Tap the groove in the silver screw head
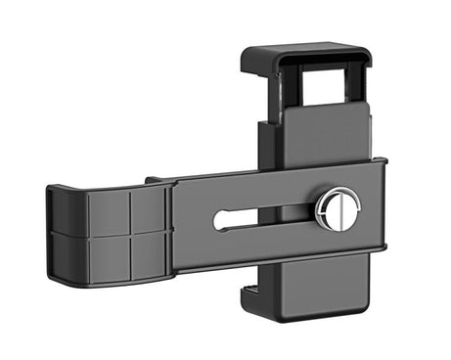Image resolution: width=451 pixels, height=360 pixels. point(336,208)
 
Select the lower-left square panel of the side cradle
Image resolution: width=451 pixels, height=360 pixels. point(108,255)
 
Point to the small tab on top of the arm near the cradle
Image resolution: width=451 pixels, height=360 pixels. point(155,180)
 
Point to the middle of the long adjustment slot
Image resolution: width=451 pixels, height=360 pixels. point(264,216)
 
